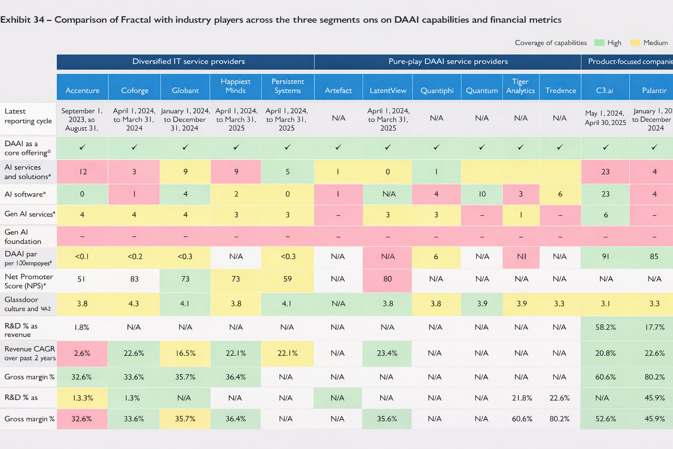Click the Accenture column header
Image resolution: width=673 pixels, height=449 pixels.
pyautogui.click(x=82, y=90)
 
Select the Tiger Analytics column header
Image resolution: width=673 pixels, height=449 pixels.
pyautogui.click(x=521, y=86)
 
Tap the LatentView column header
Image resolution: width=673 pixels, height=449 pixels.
pyautogui.click(x=388, y=90)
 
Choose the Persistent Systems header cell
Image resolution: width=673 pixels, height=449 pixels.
pyautogui.click(x=287, y=86)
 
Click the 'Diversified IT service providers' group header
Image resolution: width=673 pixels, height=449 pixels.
pyautogui.click(x=188, y=61)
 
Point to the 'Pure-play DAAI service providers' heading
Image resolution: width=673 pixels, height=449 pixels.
pyautogui.click(x=448, y=61)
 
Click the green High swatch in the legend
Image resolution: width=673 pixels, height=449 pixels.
pyautogui.click(x=599, y=43)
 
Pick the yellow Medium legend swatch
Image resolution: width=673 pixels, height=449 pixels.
pyautogui.click(x=635, y=43)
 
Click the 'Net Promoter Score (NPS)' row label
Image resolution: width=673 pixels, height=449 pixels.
pyautogui.click(x=28, y=281)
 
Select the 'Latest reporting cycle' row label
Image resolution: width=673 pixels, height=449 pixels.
pyautogui.click(x=28, y=116)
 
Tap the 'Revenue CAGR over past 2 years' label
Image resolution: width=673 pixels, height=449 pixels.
pyautogui.click(x=30, y=353)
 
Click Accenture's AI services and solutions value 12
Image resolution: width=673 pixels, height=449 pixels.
pyautogui.click(x=83, y=172)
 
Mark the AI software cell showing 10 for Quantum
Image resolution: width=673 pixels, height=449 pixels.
pyautogui.click(x=482, y=194)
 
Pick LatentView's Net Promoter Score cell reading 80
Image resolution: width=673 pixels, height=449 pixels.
pyautogui.click(x=387, y=279)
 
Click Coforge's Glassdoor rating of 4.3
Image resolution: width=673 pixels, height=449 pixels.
pyautogui.click(x=134, y=303)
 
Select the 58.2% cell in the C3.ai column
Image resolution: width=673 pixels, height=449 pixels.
pyautogui.click(x=605, y=327)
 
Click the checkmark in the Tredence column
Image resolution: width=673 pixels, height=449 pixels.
pyautogui.click(x=560, y=147)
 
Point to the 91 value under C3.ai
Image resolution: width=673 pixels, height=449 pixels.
pyautogui.click(x=605, y=257)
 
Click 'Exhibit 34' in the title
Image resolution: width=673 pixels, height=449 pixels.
pyautogui.click(x=22, y=20)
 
